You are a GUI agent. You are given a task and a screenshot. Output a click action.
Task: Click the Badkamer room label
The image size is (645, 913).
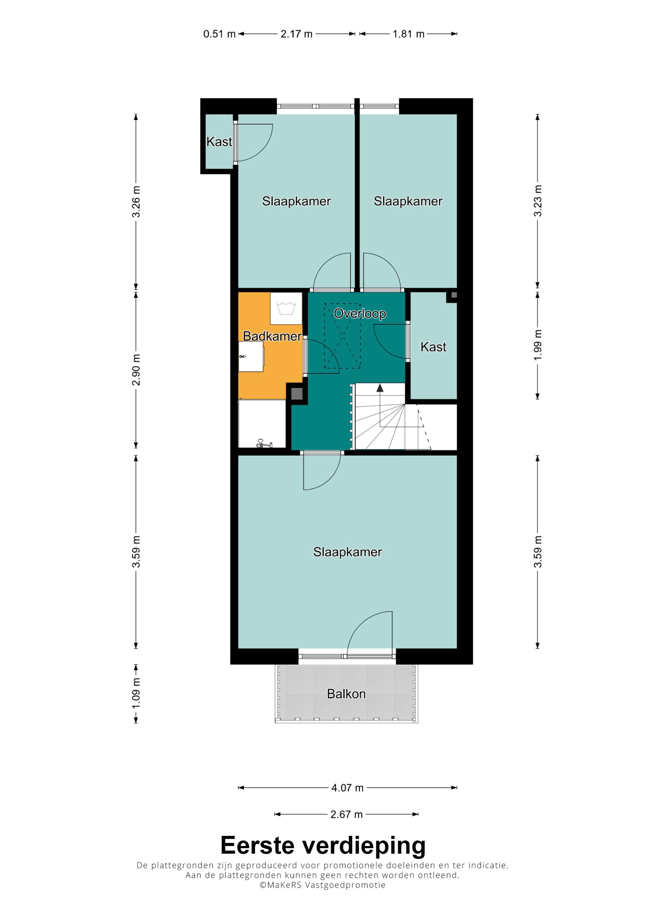272,336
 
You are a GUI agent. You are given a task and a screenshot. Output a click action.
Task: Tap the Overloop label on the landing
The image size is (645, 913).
360,314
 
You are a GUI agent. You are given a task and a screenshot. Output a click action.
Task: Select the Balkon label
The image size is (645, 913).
346,694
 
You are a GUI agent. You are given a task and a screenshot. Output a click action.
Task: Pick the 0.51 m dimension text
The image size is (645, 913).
219,34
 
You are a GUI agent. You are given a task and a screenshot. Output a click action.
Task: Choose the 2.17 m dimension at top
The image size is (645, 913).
296,34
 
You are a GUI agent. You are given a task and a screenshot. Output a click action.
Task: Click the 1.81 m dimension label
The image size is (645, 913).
408,34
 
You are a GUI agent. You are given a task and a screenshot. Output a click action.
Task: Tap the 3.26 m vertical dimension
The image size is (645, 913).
136,202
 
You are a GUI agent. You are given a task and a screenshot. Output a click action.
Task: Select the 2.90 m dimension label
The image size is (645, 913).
136,369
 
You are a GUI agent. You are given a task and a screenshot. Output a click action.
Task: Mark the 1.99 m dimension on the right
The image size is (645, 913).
538,345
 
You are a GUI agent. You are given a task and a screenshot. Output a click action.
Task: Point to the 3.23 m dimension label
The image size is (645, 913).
538,201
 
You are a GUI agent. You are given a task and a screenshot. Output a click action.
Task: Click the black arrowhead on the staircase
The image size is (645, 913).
380,388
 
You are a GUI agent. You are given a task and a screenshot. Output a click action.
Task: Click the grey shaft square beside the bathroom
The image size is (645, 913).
297,394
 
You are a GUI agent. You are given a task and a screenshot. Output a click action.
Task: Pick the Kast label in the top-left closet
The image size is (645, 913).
219,142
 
